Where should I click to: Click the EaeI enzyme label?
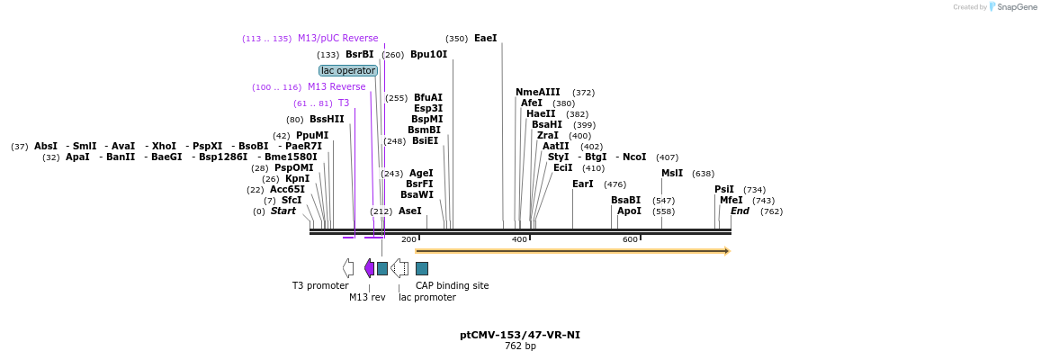coord(485,39)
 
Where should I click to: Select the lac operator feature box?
coord(348,70)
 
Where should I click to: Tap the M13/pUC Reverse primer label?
coord(337,39)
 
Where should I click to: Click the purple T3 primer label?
coord(343,103)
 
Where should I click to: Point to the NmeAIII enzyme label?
coord(537,92)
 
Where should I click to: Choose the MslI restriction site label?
coord(672,174)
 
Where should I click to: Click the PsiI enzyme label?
coord(724,189)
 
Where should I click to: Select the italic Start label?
coord(283,211)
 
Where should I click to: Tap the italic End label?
coord(740,211)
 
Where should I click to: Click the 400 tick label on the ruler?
coord(519,239)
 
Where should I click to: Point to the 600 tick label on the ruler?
coord(630,239)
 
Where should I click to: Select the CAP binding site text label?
coord(453,285)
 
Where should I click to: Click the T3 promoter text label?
coord(320,285)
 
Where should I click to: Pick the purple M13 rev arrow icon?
coord(369,267)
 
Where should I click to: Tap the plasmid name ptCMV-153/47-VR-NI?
coord(520,335)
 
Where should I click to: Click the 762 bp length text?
coord(520,346)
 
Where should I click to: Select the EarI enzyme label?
coord(582,184)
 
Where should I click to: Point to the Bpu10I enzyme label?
coord(428,54)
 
